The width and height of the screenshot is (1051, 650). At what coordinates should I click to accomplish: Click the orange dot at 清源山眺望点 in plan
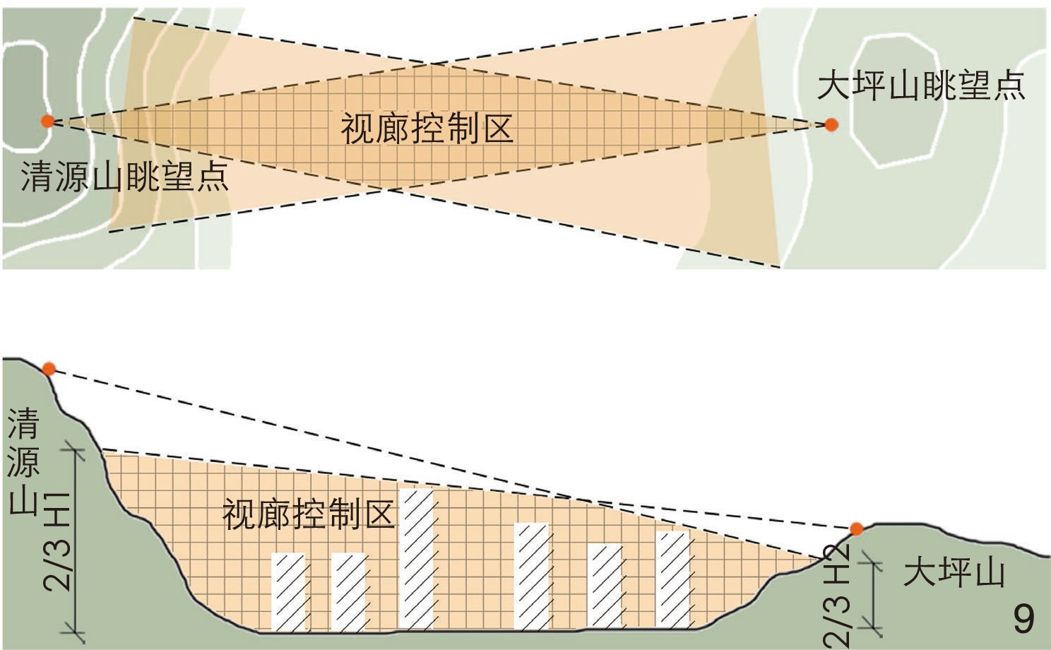[x=47, y=121]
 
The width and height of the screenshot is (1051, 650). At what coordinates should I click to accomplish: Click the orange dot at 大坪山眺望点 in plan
[x=831, y=125]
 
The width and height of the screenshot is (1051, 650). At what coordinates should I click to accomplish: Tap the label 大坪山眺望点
[x=920, y=87]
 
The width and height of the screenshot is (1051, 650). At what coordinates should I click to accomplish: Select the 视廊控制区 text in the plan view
[x=427, y=129]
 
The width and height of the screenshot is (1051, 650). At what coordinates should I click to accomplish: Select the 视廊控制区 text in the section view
[x=308, y=515]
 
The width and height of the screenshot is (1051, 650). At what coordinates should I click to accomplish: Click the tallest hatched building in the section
[x=416, y=558]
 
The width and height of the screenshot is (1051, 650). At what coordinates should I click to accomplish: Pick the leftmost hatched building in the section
[x=288, y=591]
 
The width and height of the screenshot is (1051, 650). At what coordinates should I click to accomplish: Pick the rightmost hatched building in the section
[x=672, y=579]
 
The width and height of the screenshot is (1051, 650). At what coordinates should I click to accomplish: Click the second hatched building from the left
[x=348, y=591]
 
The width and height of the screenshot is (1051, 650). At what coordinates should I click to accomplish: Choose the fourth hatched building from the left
[x=531, y=576]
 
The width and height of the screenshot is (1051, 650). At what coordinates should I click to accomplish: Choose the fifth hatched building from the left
[x=605, y=586]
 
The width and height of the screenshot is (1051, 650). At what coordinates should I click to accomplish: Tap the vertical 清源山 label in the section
[x=23, y=462]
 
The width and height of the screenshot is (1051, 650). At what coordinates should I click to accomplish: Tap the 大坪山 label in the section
[x=954, y=572]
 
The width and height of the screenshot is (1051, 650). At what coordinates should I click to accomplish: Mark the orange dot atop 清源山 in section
[x=49, y=369]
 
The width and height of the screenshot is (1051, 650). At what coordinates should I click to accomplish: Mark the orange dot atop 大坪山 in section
[x=856, y=528]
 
